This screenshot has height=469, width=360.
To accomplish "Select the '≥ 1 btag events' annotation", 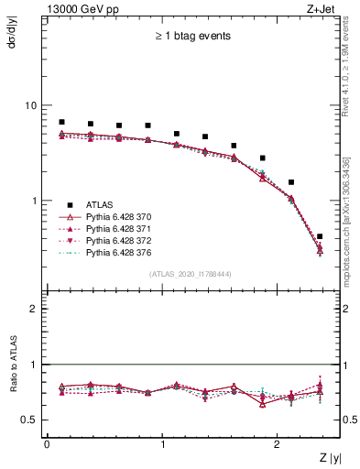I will click(191, 37).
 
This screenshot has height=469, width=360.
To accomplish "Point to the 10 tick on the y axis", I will click(30, 105).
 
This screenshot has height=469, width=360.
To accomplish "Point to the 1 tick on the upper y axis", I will click(33, 201).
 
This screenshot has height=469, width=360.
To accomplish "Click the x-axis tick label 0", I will click(47, 444).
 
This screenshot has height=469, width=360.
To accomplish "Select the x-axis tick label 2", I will click(279, 444).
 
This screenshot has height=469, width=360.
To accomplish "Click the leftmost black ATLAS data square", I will click(61, 122).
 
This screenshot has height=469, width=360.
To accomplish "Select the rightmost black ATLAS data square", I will click(319, 236).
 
